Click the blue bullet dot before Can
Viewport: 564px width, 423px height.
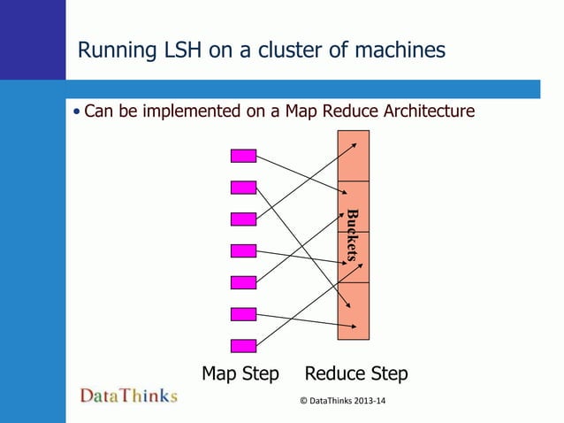(77, 112)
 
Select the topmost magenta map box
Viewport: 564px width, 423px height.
(243, 156)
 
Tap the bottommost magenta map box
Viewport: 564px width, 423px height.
(243, 346)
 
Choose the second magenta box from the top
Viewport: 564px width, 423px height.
(243, 188)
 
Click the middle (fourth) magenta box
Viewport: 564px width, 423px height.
(243, 251)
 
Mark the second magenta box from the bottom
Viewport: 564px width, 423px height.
(243, 314)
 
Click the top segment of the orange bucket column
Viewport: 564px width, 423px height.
(354, 156)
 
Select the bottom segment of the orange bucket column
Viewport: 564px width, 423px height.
(354, 311)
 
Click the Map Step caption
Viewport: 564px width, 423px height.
(240, 373)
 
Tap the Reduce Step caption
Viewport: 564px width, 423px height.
(356, 373)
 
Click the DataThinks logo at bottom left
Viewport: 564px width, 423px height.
(129, 396)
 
